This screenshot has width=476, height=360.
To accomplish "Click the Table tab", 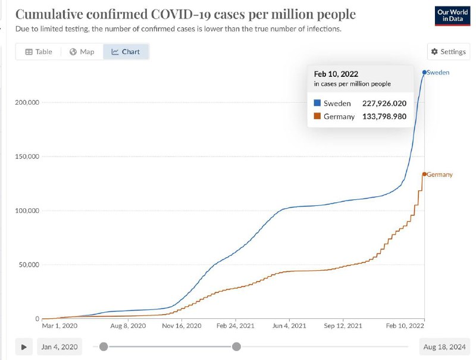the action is coord(39,52).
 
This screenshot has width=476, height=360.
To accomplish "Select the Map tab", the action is coord(82,52).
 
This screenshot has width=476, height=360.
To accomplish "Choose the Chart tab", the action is coord(126,52).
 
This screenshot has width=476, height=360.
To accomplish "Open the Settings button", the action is coord(449,52).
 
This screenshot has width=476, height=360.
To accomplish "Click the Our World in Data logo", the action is coord(452,16).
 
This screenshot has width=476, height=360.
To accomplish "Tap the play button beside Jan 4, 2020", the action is coord(24,347).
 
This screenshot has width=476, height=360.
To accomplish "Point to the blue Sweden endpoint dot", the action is coord(424,72).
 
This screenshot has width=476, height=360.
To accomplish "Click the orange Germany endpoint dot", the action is coord(424,174).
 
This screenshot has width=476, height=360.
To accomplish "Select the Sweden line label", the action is coord(438,73).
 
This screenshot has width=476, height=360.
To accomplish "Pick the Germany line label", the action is coord(440,174).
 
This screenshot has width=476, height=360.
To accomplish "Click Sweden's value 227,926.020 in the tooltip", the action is coord(384,103).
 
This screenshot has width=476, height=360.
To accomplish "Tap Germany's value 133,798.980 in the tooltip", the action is coord(384,116).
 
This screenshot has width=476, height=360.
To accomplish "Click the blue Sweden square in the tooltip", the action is coord(317,103).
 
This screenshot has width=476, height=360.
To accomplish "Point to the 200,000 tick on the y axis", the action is coord(27,102).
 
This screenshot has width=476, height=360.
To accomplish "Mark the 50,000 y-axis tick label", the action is coord(29,265).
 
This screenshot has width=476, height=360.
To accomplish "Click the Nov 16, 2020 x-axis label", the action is coord(181,325).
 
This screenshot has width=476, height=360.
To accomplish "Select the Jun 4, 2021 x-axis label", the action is coord(289,325).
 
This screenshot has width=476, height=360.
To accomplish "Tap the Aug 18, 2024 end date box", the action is coord(444,347).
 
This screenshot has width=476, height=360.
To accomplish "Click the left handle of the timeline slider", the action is coord(104,346).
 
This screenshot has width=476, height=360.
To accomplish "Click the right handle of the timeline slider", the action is coord(236,346).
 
